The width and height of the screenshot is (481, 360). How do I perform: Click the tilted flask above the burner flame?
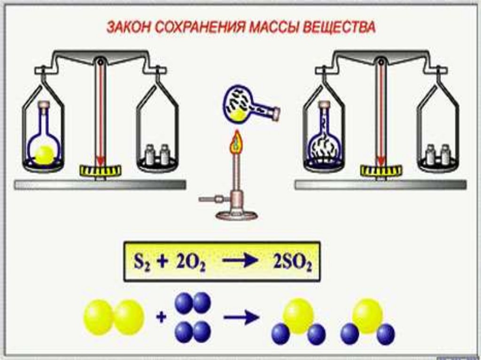coord(244,106)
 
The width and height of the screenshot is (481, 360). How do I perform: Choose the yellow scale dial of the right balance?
coord(381,169)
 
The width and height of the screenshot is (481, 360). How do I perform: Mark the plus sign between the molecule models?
coord(161,318)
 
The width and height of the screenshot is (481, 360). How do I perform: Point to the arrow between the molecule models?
coord(241,318)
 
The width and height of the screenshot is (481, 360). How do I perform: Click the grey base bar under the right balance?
coord(380,185)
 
